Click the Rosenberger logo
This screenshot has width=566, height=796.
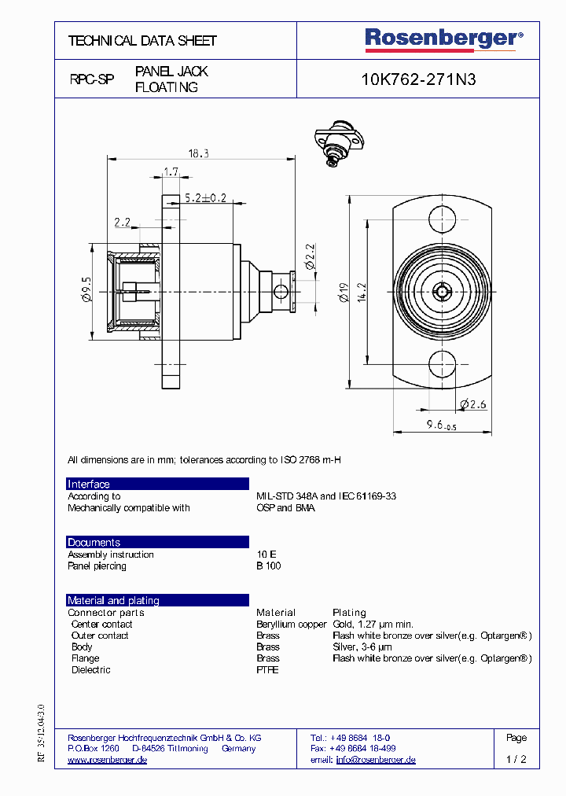point(443,39)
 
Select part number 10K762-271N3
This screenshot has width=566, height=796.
point(418,79)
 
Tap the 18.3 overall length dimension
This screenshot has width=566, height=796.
point(199,154)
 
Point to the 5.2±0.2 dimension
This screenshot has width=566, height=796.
point(205,198)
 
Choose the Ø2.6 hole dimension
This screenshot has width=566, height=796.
point(474,404)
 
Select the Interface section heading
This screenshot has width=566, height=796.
point(89,485)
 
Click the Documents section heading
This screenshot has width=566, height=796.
point(94,543)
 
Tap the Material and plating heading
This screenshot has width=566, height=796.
point(113,601)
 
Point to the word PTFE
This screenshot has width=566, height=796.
point(267,670)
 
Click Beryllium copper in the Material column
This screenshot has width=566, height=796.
point(291,625)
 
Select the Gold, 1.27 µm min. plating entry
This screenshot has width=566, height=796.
point(373,625)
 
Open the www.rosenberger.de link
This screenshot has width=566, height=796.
point(108,760)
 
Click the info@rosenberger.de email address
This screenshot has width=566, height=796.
point(376,760)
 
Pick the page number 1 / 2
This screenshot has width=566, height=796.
point(516,760)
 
